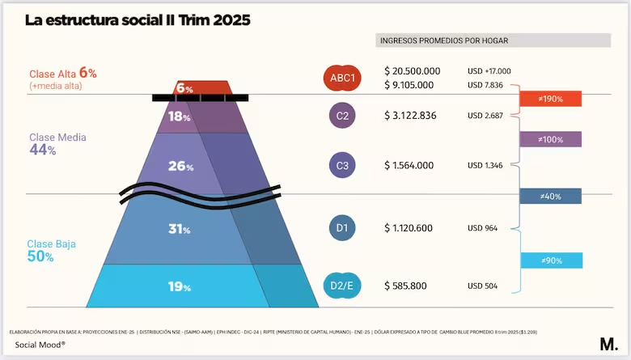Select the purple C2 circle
[343, 116]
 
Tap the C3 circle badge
[343, 166]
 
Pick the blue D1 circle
[343, 228]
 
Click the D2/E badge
[342, 286]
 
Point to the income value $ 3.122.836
[410, 116]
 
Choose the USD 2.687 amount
[485, 116]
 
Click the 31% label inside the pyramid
[180, 229]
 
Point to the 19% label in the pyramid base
[180, 286]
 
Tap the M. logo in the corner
[608, 343]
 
